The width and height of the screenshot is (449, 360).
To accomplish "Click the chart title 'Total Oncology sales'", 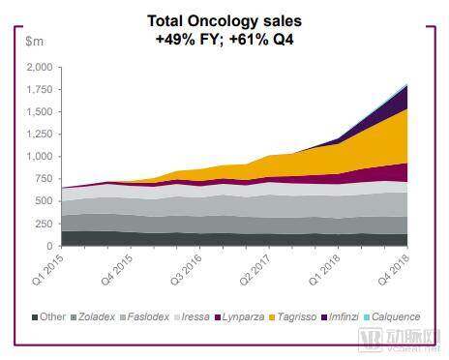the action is point(224,21).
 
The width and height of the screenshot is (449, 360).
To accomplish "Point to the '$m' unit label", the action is point(34,42).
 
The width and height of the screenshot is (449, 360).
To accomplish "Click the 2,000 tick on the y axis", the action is point(40,67).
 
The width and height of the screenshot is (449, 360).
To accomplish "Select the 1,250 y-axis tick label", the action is point(40,134).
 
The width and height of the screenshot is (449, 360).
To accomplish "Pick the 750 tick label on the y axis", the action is point(44,178).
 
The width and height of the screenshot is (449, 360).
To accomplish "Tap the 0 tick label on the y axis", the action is point(49,246).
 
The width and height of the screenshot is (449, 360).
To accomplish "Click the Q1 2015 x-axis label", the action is point(48,269).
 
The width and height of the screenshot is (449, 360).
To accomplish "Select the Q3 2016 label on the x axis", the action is point(186,269).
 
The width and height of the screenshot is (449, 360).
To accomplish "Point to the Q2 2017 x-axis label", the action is point(255,269).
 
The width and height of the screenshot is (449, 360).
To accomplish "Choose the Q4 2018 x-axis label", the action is point(394,269).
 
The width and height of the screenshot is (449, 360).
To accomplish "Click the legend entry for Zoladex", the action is point(93,316).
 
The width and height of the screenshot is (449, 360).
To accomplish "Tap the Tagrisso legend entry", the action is point(293,316).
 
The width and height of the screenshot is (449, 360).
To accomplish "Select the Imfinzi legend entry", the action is point(340,316).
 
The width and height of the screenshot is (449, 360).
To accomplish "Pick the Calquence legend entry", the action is point(392,316).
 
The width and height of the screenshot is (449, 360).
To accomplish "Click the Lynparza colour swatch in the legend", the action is point(218,317).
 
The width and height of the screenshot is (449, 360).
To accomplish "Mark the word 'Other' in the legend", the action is point(52,316).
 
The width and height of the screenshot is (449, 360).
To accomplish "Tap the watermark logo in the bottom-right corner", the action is point(400,340).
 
